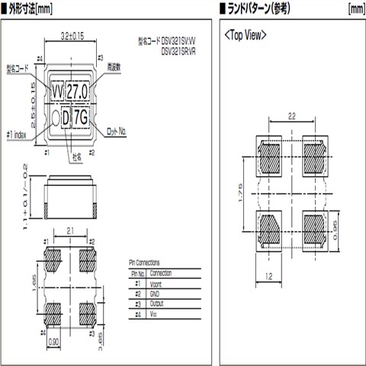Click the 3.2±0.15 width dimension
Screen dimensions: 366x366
coord(72,34)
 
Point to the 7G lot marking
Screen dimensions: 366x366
coord(82,117)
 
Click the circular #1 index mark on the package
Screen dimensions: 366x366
coord(56,117)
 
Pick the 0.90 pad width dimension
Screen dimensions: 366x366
coord(55,343)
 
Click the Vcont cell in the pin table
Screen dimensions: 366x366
coord(159,283)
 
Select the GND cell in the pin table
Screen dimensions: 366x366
coord(157,293)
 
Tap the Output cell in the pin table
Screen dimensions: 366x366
coord(159,303)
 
